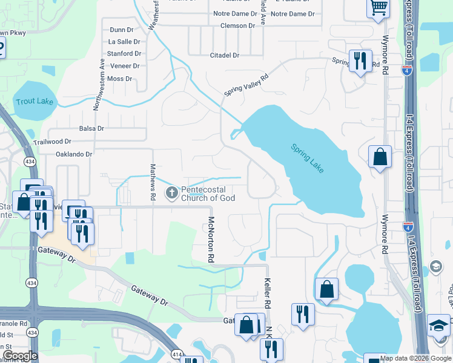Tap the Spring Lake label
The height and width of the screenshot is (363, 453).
308,158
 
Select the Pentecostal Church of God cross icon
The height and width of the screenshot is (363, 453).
172,193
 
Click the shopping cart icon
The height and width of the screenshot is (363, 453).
379,8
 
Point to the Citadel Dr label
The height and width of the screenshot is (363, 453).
225,55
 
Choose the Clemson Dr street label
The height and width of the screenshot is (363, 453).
238,26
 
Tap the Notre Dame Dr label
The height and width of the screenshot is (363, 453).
238,13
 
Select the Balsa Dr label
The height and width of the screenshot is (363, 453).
91,128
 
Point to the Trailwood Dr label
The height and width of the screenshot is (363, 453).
52,142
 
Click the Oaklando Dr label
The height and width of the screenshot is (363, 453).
74,154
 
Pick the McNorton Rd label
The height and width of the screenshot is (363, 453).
211,240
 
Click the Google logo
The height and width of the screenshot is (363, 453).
20,356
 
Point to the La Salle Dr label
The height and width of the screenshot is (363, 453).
124,42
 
